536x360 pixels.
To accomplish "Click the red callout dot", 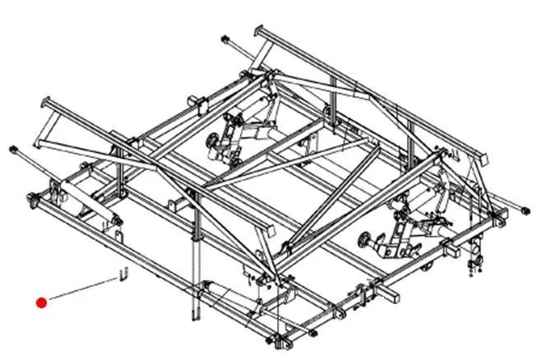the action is click(x=42, y=302).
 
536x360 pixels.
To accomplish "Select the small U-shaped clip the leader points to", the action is click(x=123, y=274).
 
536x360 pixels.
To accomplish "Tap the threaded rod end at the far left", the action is click(x=14, y=150).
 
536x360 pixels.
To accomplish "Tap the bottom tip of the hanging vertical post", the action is click(x=195, y=316).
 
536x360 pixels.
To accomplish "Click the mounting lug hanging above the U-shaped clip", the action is click(x=121, y=239).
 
